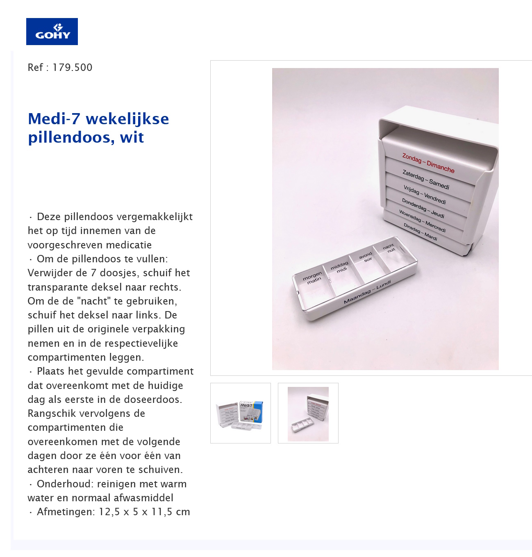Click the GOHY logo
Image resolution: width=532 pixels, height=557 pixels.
(52, 32)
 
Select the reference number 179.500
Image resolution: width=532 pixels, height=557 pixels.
(72, 68)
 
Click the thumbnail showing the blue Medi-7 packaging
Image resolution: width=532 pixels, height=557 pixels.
(241, 413)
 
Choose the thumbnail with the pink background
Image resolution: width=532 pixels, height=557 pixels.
(308, 413)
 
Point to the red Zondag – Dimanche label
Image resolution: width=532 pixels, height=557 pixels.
(428, 163)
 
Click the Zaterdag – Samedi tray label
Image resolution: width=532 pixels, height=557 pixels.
(426, 180)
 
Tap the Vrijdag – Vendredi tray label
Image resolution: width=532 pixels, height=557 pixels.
(424, 195)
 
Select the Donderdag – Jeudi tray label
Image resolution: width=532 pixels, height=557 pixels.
(423, 208)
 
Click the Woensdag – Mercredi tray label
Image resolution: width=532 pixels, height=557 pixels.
(422, 221)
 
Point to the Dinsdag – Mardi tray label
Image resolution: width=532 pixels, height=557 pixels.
(420, 232)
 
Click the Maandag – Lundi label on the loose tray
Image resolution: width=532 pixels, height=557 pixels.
(367, 292)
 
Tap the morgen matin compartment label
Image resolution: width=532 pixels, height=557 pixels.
(313, 277)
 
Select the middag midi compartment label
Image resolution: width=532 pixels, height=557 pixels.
(340, 267)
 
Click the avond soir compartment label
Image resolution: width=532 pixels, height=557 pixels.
(366, 257)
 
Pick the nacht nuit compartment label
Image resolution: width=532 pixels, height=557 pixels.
(389, 248)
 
